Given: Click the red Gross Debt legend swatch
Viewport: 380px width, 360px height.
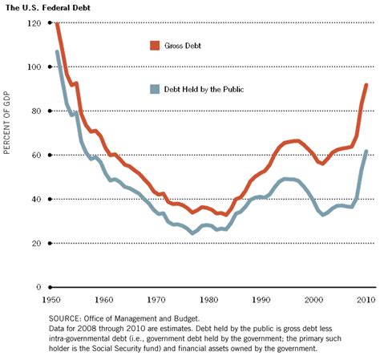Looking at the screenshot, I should [155, 45].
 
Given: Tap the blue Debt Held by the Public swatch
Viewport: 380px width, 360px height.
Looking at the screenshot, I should [155, 89].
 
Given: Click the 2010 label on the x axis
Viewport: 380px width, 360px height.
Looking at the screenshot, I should [366, 299].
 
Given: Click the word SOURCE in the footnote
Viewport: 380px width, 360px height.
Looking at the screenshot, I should [67, 318].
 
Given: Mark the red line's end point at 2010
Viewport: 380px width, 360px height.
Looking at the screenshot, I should [366, 84].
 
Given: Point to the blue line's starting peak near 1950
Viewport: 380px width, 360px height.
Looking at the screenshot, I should [58, 51].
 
